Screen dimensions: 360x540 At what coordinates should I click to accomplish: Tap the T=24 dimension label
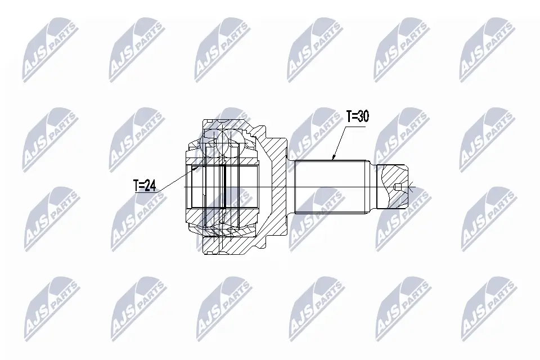(145, 185)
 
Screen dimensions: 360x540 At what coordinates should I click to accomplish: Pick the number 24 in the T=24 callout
(150, 185)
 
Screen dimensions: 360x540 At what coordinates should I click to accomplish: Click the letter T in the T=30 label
(348, 118)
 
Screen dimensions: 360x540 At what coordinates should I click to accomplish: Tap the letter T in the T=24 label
(136, 185)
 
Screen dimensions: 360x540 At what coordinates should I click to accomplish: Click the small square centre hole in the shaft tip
(398, 187)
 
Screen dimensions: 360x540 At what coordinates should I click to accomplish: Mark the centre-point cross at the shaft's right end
(412, 187)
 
